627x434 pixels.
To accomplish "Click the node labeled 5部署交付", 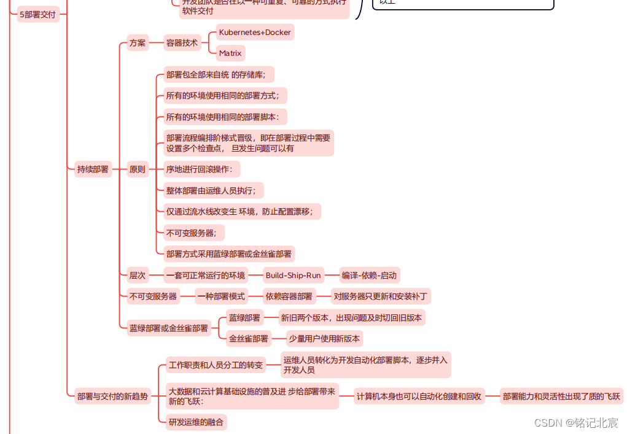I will tap(38, 14).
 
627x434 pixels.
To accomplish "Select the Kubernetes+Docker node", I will tap(255, 32).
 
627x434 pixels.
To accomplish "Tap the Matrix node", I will tap(230, 53).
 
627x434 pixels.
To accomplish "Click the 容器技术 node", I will tap(182, 43).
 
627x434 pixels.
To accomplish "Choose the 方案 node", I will tap(138, 43).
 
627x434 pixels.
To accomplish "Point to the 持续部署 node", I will tap(93, 169).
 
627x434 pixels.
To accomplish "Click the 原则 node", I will tap(138, 169).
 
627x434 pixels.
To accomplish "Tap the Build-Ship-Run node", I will tap(294, 275).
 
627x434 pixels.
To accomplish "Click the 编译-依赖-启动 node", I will tap(370, 275).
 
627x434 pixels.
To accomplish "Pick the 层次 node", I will tap(138, 275).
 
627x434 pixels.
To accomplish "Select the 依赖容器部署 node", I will tap(289, 296).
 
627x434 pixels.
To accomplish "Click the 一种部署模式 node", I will tap(222, 296).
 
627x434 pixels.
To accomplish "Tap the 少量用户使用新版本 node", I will tap(325, 338).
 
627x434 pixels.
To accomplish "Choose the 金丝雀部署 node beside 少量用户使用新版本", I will tap(249, 338).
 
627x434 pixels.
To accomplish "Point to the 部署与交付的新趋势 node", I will tap(112, 396).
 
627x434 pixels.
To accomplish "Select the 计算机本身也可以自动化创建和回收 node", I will tap(419, 396).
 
